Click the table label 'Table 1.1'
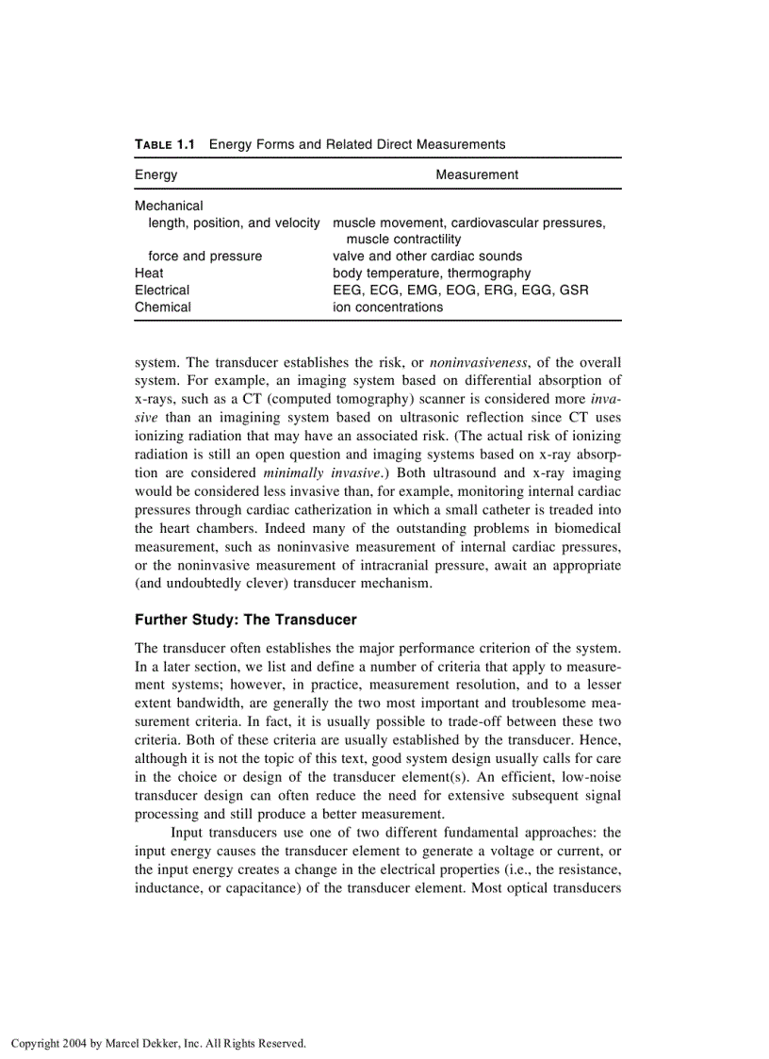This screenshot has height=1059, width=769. (x=165, y=144)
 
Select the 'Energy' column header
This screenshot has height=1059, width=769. (x=156, y=174)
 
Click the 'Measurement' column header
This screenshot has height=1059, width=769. (x=477, y=174)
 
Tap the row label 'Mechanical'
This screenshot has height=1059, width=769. (x=169, y=206)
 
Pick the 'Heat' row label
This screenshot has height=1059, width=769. (x=149, y=273)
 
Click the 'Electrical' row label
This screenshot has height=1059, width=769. (x=162, y=290)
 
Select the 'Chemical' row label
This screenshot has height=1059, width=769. (x=163, y=307)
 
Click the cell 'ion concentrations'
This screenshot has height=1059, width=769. (x=387, y=307)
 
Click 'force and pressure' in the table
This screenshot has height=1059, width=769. (x=205, y=256)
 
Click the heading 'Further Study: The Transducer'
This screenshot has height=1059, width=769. (x=246, y=620)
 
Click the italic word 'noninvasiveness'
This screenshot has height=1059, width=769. (x=476, y=362)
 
